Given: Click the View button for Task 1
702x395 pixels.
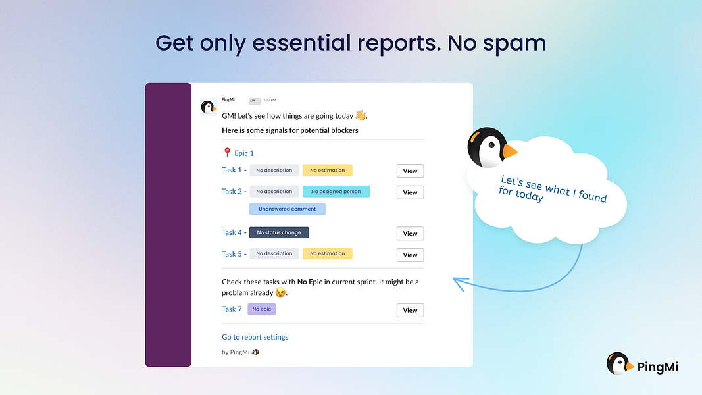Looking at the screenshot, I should tap(410, 171).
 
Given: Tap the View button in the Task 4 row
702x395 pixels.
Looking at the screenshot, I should tap(410, 234).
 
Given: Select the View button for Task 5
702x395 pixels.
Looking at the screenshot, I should tap(410, 255).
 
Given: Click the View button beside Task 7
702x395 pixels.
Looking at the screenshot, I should tap(410, 310).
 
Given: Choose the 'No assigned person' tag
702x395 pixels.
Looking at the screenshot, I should tap(336, 192).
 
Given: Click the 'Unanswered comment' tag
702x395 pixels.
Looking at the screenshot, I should tap(287, 209).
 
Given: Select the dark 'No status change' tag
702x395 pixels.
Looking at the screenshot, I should tap(279, 232).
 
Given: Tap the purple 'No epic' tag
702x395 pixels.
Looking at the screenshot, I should tap(261, 309).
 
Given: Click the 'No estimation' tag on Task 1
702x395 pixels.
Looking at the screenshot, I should tap(327, 171).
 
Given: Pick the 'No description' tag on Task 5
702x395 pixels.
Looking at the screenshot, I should tap(274, 253).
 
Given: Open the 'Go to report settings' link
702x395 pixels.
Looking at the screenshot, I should tap(255, 337).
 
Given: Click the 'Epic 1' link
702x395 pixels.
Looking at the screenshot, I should tap(244, 153).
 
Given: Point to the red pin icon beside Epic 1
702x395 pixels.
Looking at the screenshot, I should tap(227, 153).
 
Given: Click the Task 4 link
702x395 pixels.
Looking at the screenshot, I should tap(232, 232).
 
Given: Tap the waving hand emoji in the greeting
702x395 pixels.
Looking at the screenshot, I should tap(360, 115).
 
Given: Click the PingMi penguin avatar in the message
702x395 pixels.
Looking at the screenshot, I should tap(209, 107).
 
